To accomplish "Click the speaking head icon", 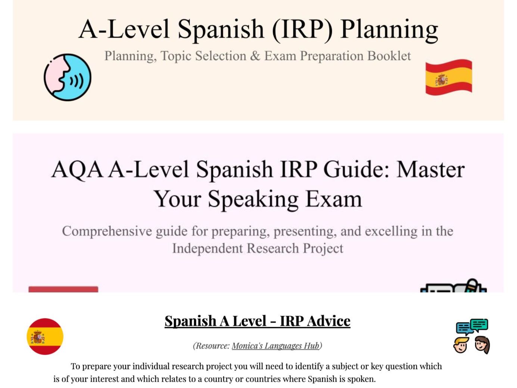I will click(x=68, y=77).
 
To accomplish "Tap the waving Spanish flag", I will click(x=449, y=77).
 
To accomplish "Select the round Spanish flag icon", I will click(x=45, y=336).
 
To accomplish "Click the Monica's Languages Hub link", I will click(x=275, y=346).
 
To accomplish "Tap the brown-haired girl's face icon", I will click(x=482, y=344).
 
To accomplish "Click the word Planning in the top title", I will click(x=389, y=29).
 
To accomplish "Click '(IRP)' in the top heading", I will click(x=302, y=29).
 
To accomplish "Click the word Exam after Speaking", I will click(x=333, y=199).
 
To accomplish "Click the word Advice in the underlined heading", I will click(x=329, y=321).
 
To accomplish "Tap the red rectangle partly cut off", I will click(x=63, y=289).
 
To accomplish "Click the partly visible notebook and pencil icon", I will click(x=454, y=286).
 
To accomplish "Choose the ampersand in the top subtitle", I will click(x=255, y=56).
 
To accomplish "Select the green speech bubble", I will click(x=479, y=325).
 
